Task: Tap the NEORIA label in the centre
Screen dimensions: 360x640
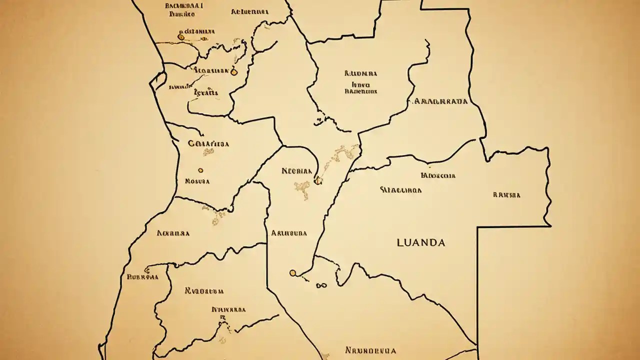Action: [296, 170]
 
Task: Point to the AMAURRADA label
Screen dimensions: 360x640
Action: [441, 101]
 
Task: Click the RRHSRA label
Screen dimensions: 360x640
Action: [506, 195]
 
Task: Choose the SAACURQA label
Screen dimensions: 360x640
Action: [400, 190]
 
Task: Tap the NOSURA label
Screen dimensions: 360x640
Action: [197, 181]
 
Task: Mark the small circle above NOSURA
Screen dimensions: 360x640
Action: [200, 170]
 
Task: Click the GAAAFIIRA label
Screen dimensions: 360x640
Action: [208, 143]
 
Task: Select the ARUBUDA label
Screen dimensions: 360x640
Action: [289, 233]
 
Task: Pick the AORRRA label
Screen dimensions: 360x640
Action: [173, 233]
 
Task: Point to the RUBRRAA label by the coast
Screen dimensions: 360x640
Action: [142, 276]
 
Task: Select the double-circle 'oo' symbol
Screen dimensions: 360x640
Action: [321, 286]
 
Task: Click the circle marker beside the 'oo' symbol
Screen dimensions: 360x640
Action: [292, 273]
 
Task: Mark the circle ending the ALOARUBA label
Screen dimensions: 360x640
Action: [233, 72]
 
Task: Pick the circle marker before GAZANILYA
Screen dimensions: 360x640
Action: [181, 36]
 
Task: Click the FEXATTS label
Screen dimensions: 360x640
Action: [205, 92]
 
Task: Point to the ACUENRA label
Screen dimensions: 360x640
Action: [249, 11]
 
